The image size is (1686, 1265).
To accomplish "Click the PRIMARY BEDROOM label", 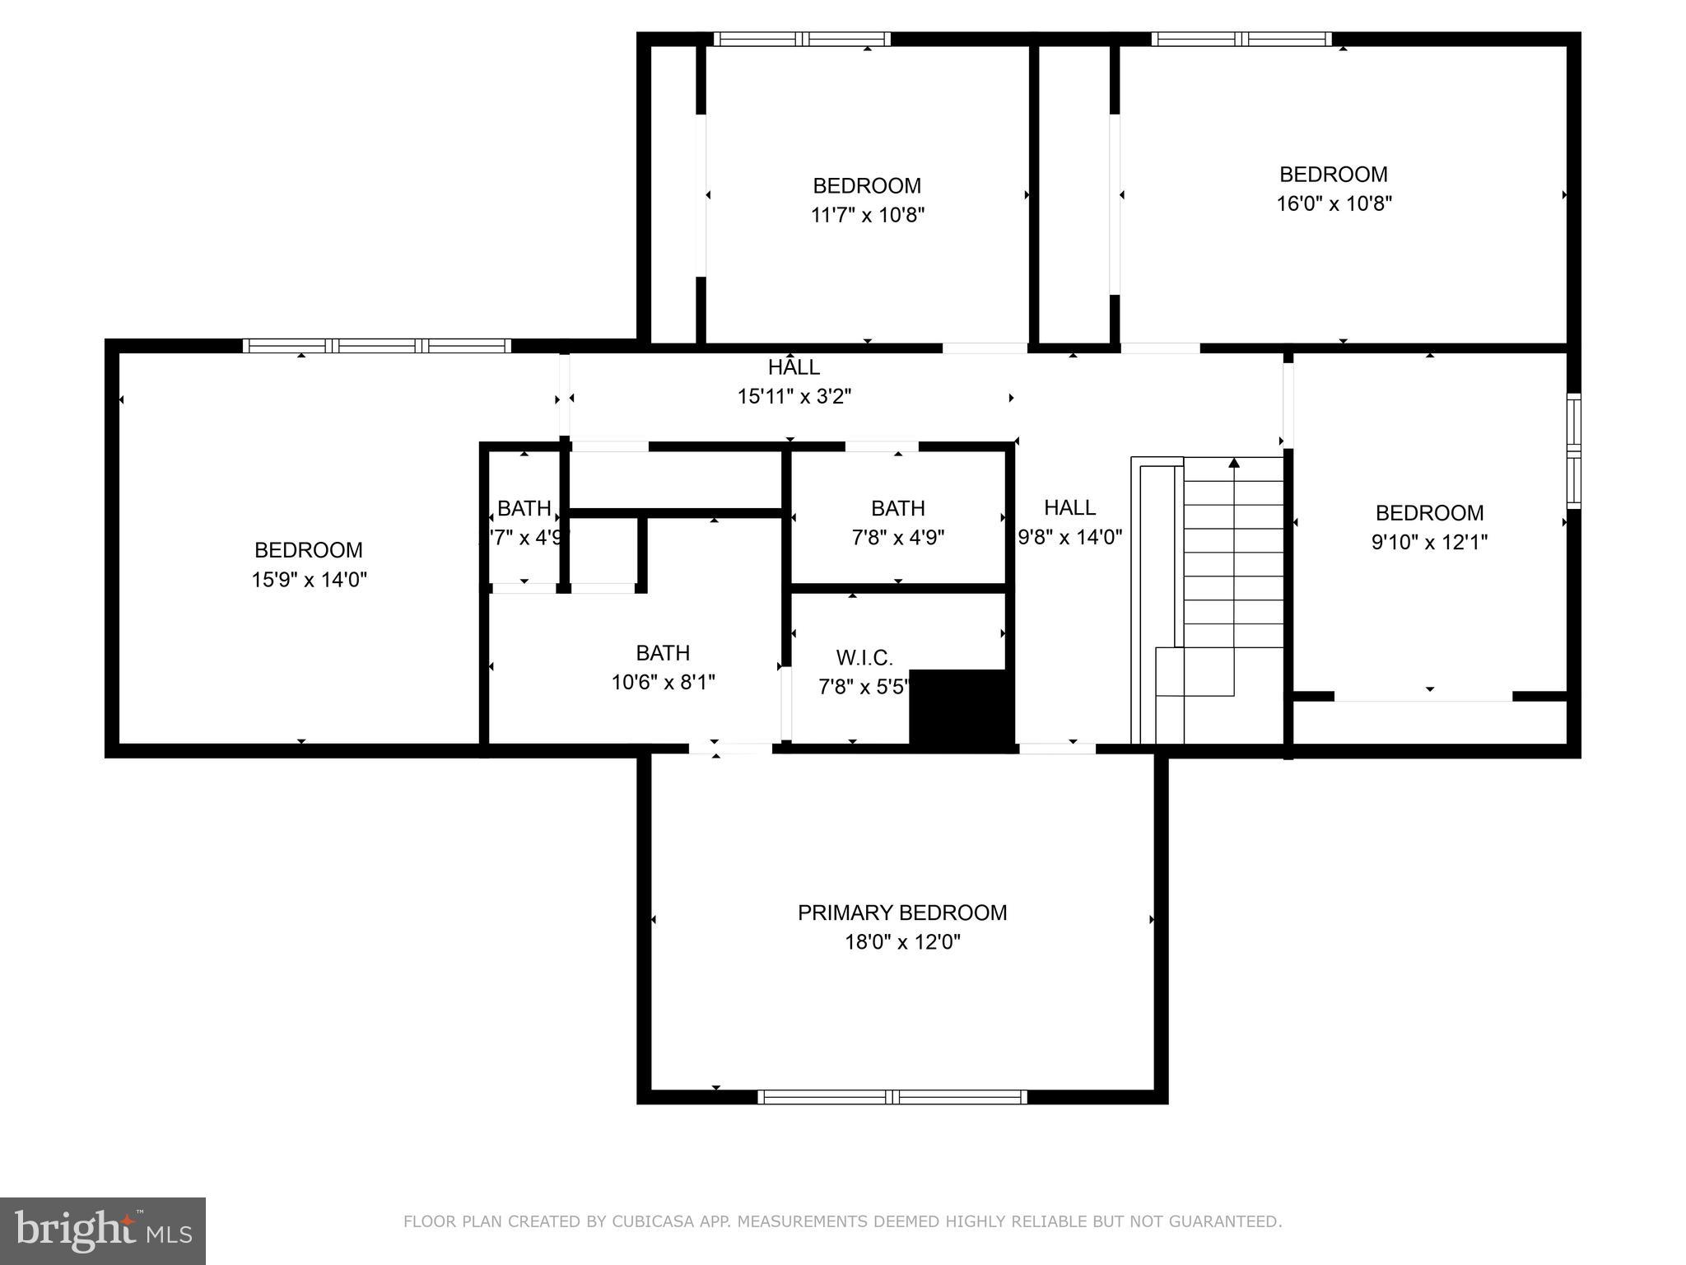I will [902, 913].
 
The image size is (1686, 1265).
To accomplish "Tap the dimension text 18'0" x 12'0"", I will [902, 941].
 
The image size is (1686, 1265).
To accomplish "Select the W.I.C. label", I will [864, 658].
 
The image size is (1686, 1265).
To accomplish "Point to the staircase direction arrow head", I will [1234, 464].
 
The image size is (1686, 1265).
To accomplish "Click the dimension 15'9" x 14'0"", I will [309, 580].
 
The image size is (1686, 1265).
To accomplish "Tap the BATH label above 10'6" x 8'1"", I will [663, 653].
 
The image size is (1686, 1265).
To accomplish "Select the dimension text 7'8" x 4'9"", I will [897, 538].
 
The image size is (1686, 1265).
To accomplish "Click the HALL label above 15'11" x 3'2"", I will [794, 367].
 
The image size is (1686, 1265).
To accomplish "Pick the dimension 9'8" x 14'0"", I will [1070, 538].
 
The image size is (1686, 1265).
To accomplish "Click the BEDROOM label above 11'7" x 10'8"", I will [867, 186].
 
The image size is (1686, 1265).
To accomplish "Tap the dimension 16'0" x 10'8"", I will [1334, 203].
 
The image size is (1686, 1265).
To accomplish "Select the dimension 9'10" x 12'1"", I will [1429, 542].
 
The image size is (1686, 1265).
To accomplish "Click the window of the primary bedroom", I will [892, 1096].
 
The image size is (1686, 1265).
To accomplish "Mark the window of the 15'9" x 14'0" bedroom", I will [377, 346].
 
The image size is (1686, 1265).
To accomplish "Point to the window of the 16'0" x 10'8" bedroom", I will [1241, 39].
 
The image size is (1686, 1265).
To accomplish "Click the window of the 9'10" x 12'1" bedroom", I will [1573, 450].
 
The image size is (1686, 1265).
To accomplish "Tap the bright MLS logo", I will [102, 1230].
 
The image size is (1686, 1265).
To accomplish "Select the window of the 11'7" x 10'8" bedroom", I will [802, 39].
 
